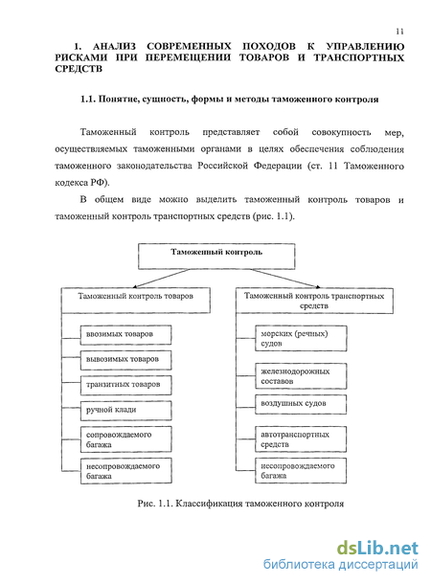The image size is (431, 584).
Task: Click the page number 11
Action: (399, 32)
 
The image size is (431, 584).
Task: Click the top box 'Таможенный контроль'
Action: (216, 257)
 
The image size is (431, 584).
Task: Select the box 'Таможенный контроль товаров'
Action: (136, 301)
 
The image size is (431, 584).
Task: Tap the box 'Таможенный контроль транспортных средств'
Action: (314, 301)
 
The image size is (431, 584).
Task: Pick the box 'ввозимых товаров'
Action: (125, 335)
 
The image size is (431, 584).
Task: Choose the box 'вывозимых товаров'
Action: (125, 360)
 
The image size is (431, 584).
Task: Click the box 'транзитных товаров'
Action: (125, 385)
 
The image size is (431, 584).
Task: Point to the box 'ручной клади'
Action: (125, 411)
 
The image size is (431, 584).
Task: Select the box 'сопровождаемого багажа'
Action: (125, 439)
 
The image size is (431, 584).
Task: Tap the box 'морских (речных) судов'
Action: (301, 338)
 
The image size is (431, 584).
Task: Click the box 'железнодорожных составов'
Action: (301, 376)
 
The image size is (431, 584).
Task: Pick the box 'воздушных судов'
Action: (301, 404)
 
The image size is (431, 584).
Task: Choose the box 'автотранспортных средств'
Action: (301, 439)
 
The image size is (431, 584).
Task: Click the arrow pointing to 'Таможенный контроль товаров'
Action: (161, 279)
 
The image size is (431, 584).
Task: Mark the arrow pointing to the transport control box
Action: (285, 279)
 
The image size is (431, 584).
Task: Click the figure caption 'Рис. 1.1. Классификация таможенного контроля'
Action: (240, 504)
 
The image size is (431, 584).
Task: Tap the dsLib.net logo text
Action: (377, 549)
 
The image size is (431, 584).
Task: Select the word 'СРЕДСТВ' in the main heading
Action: (79, 69)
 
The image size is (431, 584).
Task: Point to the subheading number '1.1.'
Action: (88, 100)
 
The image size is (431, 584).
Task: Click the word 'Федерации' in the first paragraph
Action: (278, 166)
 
